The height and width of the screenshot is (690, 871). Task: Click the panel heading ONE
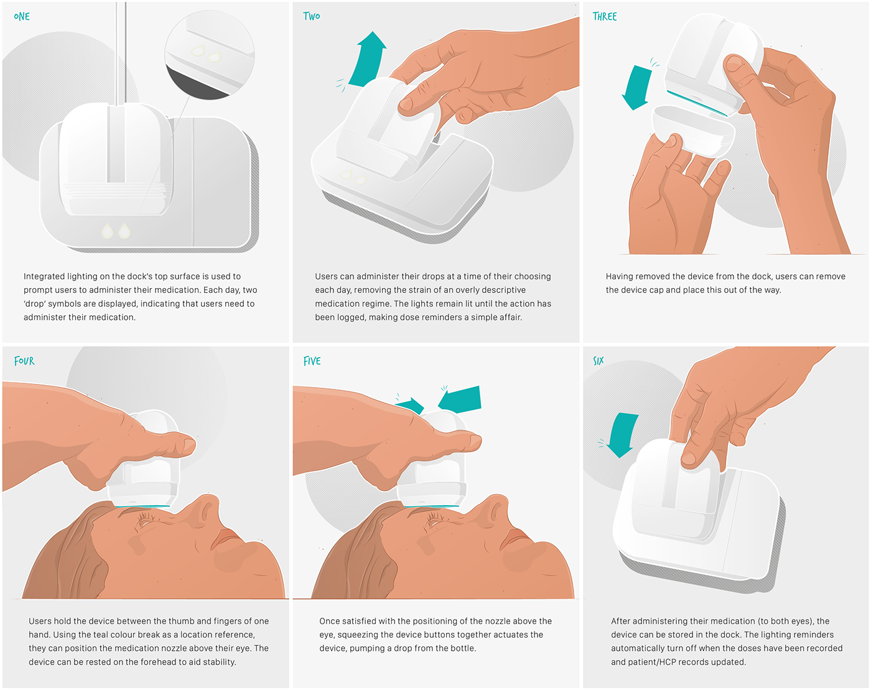(22, 17)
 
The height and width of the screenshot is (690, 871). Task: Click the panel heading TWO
(312, 16)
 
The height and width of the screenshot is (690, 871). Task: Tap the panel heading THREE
(604, 17)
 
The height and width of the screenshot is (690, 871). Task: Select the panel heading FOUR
(24, 361)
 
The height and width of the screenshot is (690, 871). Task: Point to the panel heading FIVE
(312, 361)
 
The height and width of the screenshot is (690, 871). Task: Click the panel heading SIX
(598, 361)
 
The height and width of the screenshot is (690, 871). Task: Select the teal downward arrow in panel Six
(622, 434)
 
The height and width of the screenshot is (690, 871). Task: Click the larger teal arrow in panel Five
(461, 399)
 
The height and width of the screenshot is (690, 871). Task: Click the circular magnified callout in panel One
(210, 55)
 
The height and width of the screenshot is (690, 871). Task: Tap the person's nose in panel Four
(204, 510)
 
